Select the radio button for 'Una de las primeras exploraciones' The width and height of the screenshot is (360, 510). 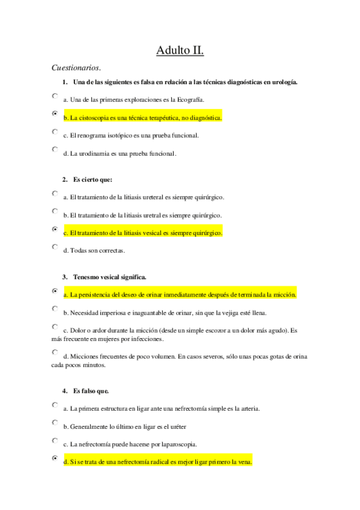click(x=55, y=96)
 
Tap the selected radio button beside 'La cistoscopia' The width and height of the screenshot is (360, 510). click(x=55, y=114)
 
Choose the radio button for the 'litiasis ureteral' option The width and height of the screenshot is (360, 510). click(x=55, y=194)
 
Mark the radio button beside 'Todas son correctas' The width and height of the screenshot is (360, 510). click(x=55, y=247)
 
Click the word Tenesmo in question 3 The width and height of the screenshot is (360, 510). click(x=86, y=277)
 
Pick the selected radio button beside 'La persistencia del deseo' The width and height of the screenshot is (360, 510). click(x=55, y=291)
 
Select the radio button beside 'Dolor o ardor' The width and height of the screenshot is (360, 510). click(x=55, y=327)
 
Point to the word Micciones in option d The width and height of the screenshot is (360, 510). click(x=85, y=357)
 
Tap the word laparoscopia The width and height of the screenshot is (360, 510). click(x=179, y=444)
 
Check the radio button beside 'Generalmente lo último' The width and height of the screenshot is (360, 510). click(x=55, y=423)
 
